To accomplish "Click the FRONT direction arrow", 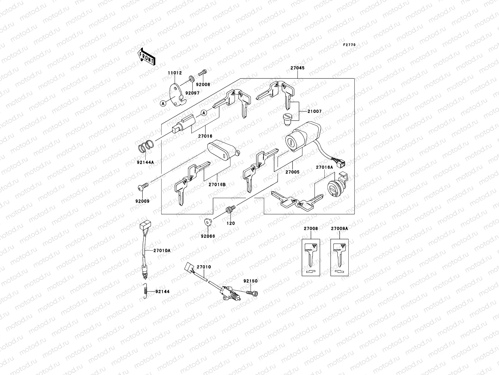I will (x=147, y=57).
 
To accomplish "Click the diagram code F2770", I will (x=349, y=45).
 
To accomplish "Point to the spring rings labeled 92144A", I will (x=146, y=146).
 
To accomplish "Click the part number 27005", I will (x=292, y=172).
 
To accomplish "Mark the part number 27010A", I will (x=162, y=250).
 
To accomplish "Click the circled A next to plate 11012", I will (x=163, y=104).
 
